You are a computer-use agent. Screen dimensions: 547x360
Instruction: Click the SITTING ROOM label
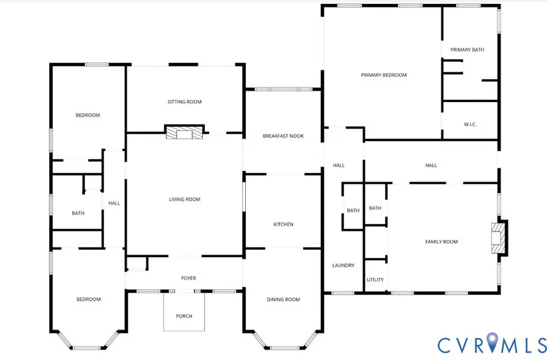tap(184, 102)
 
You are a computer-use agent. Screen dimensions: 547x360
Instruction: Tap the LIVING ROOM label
tap(184, 200)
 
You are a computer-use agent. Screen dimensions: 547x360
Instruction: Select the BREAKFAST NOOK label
tap(283, 136)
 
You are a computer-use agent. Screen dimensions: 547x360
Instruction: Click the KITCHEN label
tap(283, 224)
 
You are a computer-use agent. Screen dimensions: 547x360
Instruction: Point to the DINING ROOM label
tap(283, 299)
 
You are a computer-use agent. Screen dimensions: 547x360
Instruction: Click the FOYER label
tap(188, 278)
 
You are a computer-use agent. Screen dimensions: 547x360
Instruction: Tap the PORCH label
tap(184, 316)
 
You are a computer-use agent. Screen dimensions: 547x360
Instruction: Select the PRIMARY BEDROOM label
tap(384, 75)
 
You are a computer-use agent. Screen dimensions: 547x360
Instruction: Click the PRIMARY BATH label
tap(467, 50)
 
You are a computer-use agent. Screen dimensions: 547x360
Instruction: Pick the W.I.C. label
tap(470, 124)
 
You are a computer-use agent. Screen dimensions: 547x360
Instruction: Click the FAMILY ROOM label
tap(442, 242)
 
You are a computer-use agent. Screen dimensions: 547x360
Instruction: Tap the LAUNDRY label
tap(343, 265)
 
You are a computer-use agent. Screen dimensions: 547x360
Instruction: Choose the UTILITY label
tap(375, 280)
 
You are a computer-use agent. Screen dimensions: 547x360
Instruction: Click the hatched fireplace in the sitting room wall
tap(184, 133)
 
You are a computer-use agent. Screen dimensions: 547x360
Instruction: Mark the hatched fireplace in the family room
tap(498, 238)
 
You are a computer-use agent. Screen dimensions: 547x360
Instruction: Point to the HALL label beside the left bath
tap(114, 203)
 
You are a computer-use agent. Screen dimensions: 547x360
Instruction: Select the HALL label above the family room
tap(431, 165)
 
